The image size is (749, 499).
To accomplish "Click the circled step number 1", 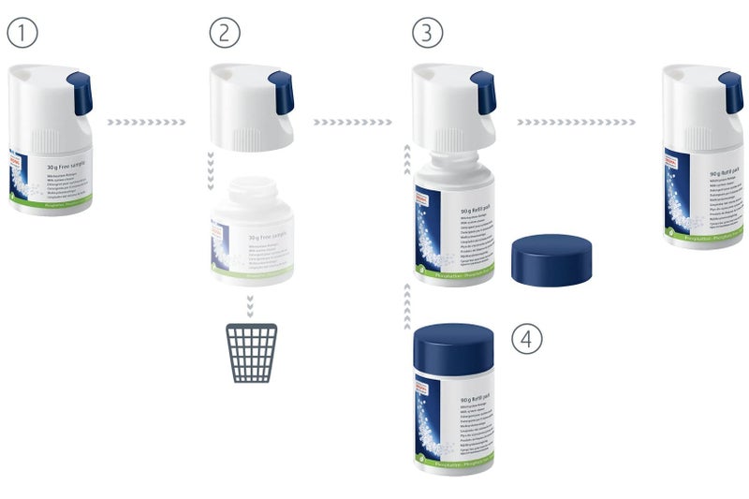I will click(x=22, y=34).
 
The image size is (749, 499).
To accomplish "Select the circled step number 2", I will click(x=225, y=34).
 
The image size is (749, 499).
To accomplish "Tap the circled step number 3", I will click(x=427, y=34).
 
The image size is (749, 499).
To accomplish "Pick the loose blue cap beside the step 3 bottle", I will click(x=553, y=260).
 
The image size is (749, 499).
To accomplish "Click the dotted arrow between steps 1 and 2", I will click(x=146, y=122).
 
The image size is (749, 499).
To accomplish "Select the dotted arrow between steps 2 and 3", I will click(x=352, y=122).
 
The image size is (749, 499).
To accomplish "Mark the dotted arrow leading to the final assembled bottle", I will click(x=576, y=122).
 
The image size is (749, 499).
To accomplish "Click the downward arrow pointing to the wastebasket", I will click(x=252, y=306).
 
